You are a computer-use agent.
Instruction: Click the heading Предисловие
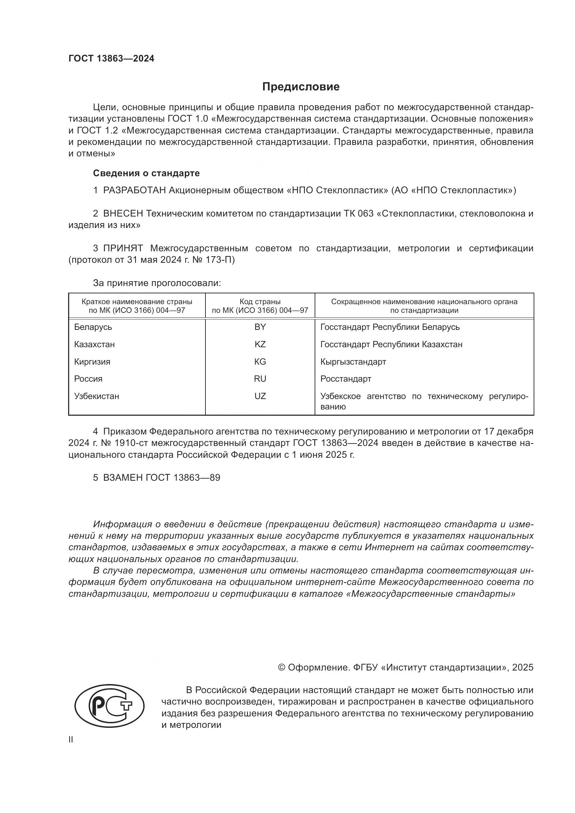coord(301,87)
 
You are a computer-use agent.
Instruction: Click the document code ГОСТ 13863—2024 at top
coord(111,59)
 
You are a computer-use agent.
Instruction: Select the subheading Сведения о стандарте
coord(146,173)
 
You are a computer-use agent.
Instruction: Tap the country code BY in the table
coord(260,327)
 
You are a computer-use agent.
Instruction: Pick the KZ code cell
coord(260,344)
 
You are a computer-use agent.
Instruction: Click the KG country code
coord(260,362)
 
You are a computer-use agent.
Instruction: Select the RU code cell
coord(260,379)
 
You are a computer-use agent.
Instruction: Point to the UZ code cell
coord(260,396)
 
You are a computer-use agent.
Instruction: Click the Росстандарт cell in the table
coord(346,379)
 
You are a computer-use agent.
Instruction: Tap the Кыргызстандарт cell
coord(353,362)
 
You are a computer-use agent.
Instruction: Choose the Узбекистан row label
coord(97,396)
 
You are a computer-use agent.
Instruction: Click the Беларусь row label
coord(93,327)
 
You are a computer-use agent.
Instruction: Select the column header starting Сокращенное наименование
coord(424,306)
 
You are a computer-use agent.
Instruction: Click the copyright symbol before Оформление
coord(282,667)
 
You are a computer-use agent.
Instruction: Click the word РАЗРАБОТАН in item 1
coord(135,190)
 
